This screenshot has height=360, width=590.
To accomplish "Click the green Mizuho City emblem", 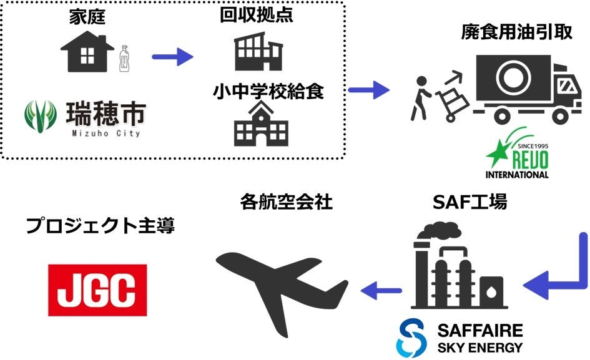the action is [42, 117].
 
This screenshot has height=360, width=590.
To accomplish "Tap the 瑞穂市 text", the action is [106, 114].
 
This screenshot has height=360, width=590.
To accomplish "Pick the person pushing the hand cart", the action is [420, 97].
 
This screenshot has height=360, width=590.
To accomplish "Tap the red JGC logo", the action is [98, 289].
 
